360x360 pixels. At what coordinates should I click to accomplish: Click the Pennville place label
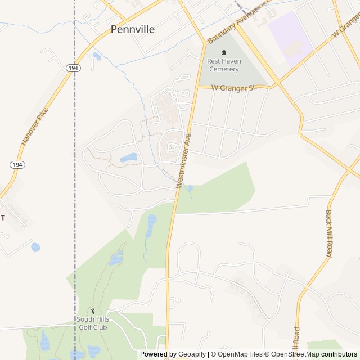pyautogui.click(x=133, y=29)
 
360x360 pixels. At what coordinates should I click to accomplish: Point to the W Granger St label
pyautogui.click(x=234, y=87)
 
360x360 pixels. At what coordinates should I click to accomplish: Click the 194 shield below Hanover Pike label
pyautogui.click(x=17, y=164)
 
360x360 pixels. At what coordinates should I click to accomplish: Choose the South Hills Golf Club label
pyautogui.click(x=92, y=323)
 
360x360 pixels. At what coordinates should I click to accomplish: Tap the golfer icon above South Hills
pyautogui.click(x=93, y=310)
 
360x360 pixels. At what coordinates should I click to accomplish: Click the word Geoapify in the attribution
pyautogui.click(x=192, y=354)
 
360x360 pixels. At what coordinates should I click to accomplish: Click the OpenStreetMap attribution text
pyautogui.click(x=293, y=354)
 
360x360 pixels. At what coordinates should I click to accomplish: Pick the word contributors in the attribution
pyautogui.click(x=340, y=354)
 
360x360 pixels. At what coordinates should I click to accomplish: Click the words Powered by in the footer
pyautogui.click(x=158, y=354)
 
